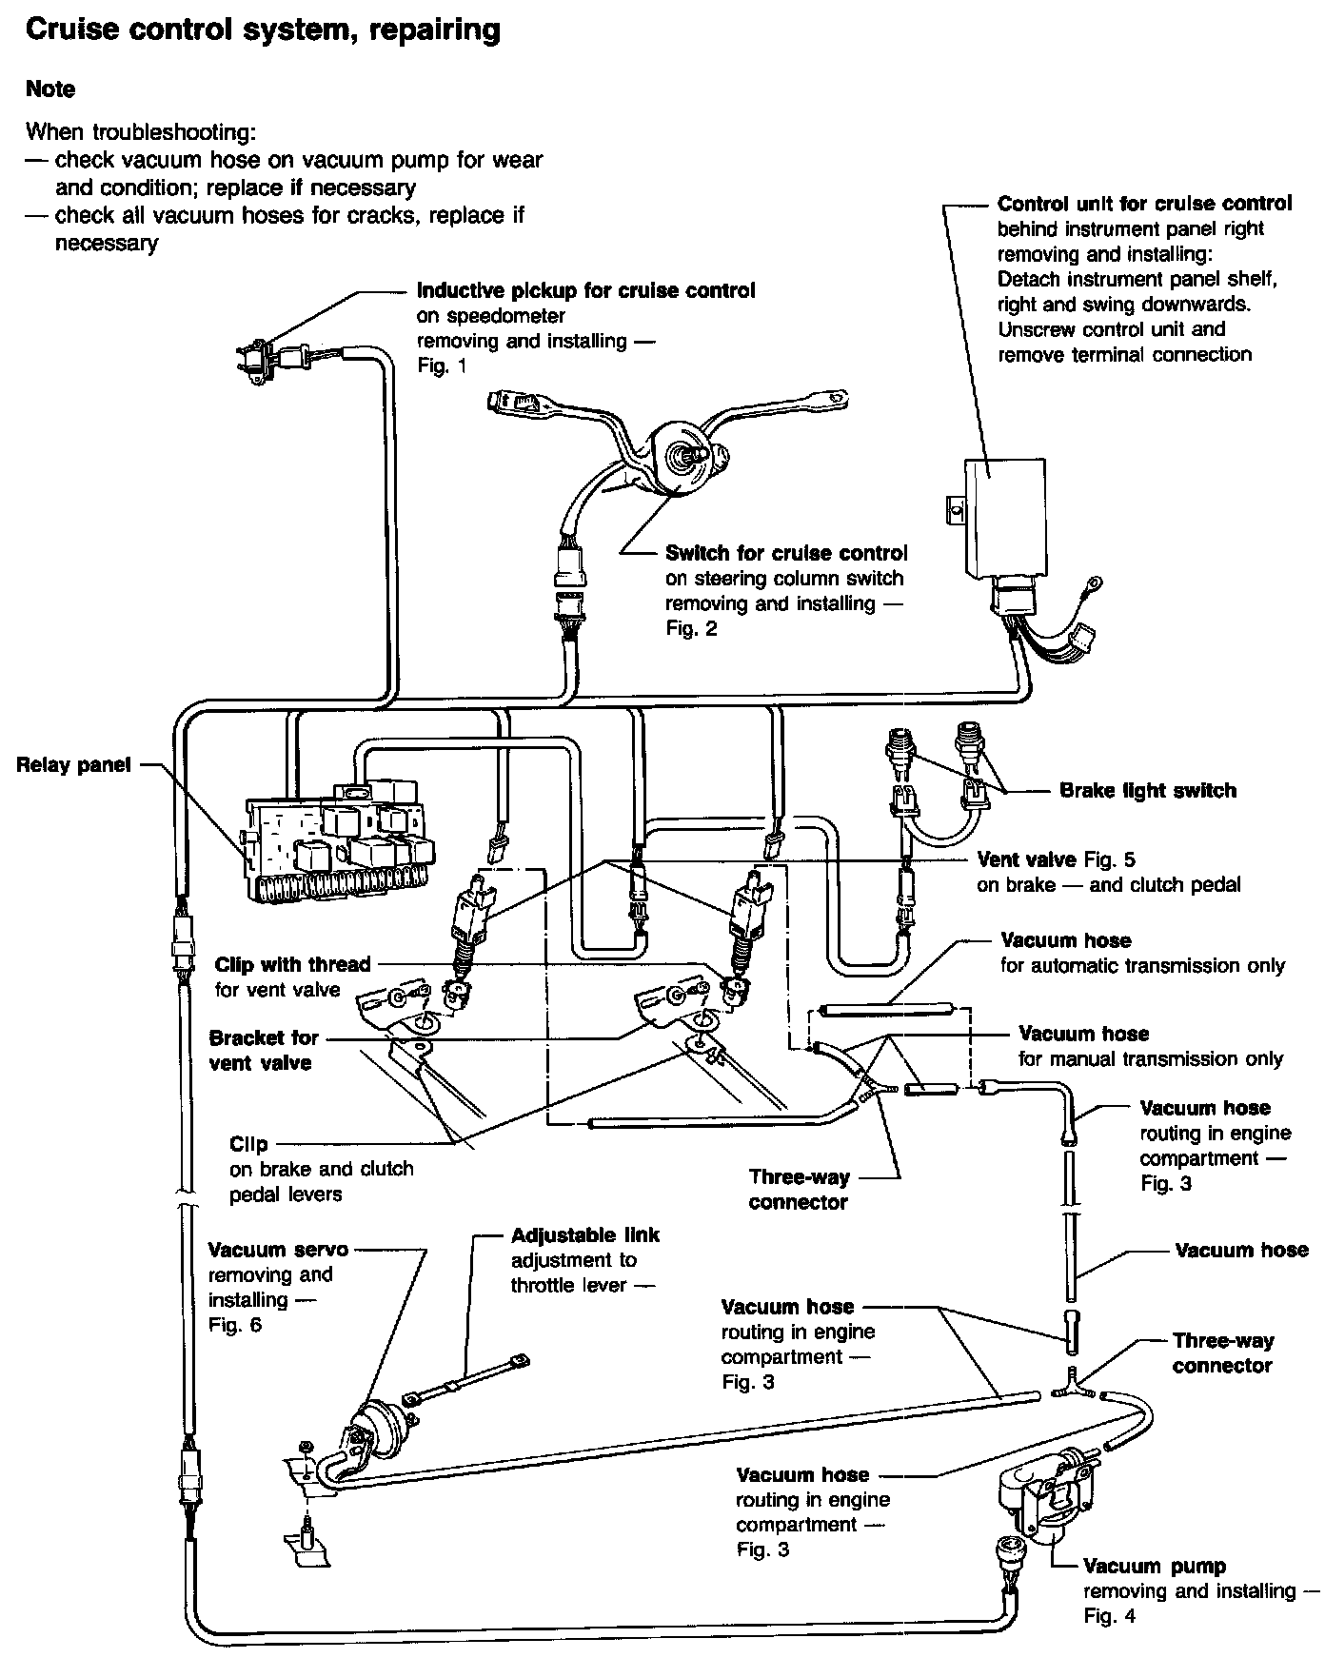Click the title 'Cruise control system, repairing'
263,30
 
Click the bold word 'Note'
50,89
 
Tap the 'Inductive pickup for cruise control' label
585,290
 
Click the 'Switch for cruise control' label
785,553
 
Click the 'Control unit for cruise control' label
1144,204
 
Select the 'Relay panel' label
73,764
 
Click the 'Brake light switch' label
1147,790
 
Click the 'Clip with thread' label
292,964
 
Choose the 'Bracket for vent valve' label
263,1050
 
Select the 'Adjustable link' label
584,1235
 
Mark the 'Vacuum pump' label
1154,1566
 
